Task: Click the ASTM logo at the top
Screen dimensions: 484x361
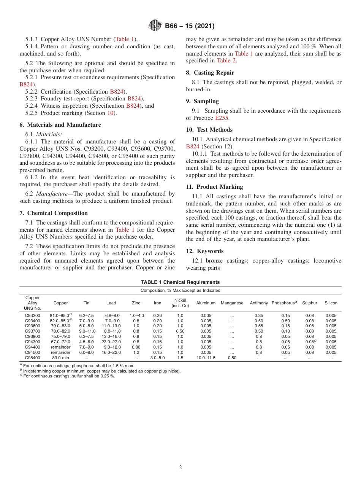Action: [x=155, y=26]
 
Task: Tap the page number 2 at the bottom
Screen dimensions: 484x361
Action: [x=180, y=468]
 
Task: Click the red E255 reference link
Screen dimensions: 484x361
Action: [x=222, y=118]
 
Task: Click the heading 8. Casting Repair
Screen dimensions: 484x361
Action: [x=210, y=73]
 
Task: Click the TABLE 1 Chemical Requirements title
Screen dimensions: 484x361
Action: [x=180, y=282]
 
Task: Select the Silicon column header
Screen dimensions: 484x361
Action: [x=331, y=303]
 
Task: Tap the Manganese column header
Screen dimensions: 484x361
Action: [x=232, y=303]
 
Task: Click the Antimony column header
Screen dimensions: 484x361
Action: [x=259, y=303]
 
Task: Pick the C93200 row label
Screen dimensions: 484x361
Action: [x=33, y=315]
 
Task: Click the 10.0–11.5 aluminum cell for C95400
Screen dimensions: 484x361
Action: [x=206, y=358]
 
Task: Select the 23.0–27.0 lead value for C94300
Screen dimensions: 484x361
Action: [x=111, y=342]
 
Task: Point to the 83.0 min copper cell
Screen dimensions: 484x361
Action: [x=60, y=358]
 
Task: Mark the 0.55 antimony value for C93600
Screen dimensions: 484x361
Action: [x=259, y=326]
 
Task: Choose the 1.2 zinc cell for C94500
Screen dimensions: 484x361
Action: [x=136, y=352]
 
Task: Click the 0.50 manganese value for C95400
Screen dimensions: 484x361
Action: [x=232, y=358]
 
